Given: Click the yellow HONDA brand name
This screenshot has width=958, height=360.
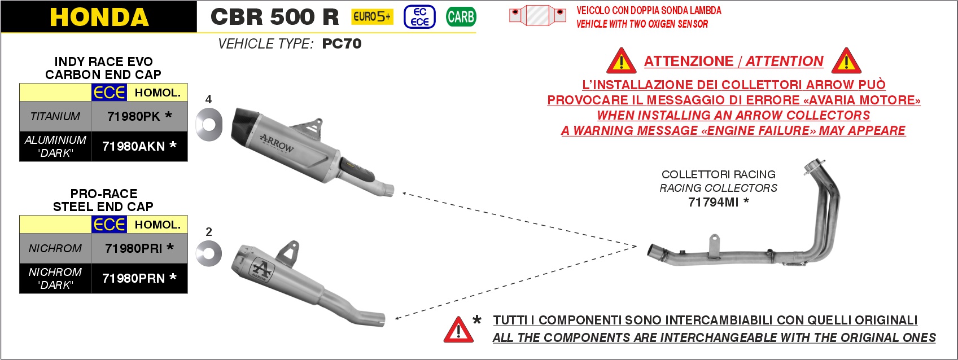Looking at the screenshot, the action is click(x=99, y=17).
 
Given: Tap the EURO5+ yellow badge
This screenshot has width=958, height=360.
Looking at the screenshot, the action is click(x=372, y=17).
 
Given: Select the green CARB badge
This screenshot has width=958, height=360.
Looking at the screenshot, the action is click(x=461, y=17).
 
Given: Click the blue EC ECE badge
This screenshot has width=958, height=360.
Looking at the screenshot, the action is click(x=419, y=17).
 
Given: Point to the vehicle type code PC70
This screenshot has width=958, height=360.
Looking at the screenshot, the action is click(x=342, y=43).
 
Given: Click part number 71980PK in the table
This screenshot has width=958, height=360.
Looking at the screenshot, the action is click(x=139, y=116).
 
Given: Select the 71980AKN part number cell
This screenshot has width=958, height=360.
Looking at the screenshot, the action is click(x=139, y=146).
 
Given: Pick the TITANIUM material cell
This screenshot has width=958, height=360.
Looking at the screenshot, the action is click(x=55, y=116).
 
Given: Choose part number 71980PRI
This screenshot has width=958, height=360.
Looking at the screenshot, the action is click(x=139, y=248).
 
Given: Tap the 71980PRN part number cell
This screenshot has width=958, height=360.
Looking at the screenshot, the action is click(x=139, y=278).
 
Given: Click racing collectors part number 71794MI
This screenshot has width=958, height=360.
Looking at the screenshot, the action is click(x=719, y=202).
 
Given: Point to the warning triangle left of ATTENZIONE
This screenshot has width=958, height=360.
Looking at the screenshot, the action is click(x=621, y=61).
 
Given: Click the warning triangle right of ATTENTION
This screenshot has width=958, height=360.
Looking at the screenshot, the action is click(x=846, y=61).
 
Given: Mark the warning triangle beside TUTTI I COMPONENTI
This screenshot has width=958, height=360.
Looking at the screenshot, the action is click(x=458, y=330).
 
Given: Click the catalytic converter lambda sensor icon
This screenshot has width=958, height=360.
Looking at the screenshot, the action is click(x=537, y=15).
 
